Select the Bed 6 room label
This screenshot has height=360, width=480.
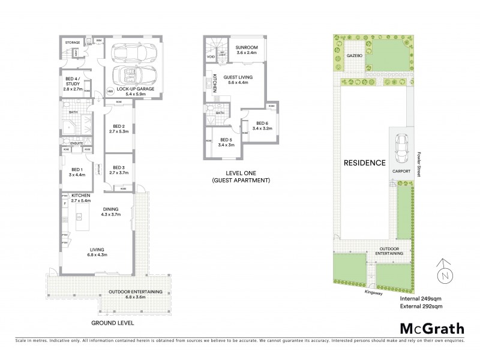pyautogui.click(x=263, y=125)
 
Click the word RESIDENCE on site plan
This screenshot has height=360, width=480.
pyautogui.click(x=364, y=163)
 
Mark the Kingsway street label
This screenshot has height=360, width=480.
pyautogui.click(x=373, y=292)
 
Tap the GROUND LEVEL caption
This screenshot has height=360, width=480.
pyautogui.click(x=112, y=323)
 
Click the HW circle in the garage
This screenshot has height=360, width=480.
pyautogui.click(x=110, y=92)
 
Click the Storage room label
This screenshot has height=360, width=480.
pyautogui.click(x=73, y=43)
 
